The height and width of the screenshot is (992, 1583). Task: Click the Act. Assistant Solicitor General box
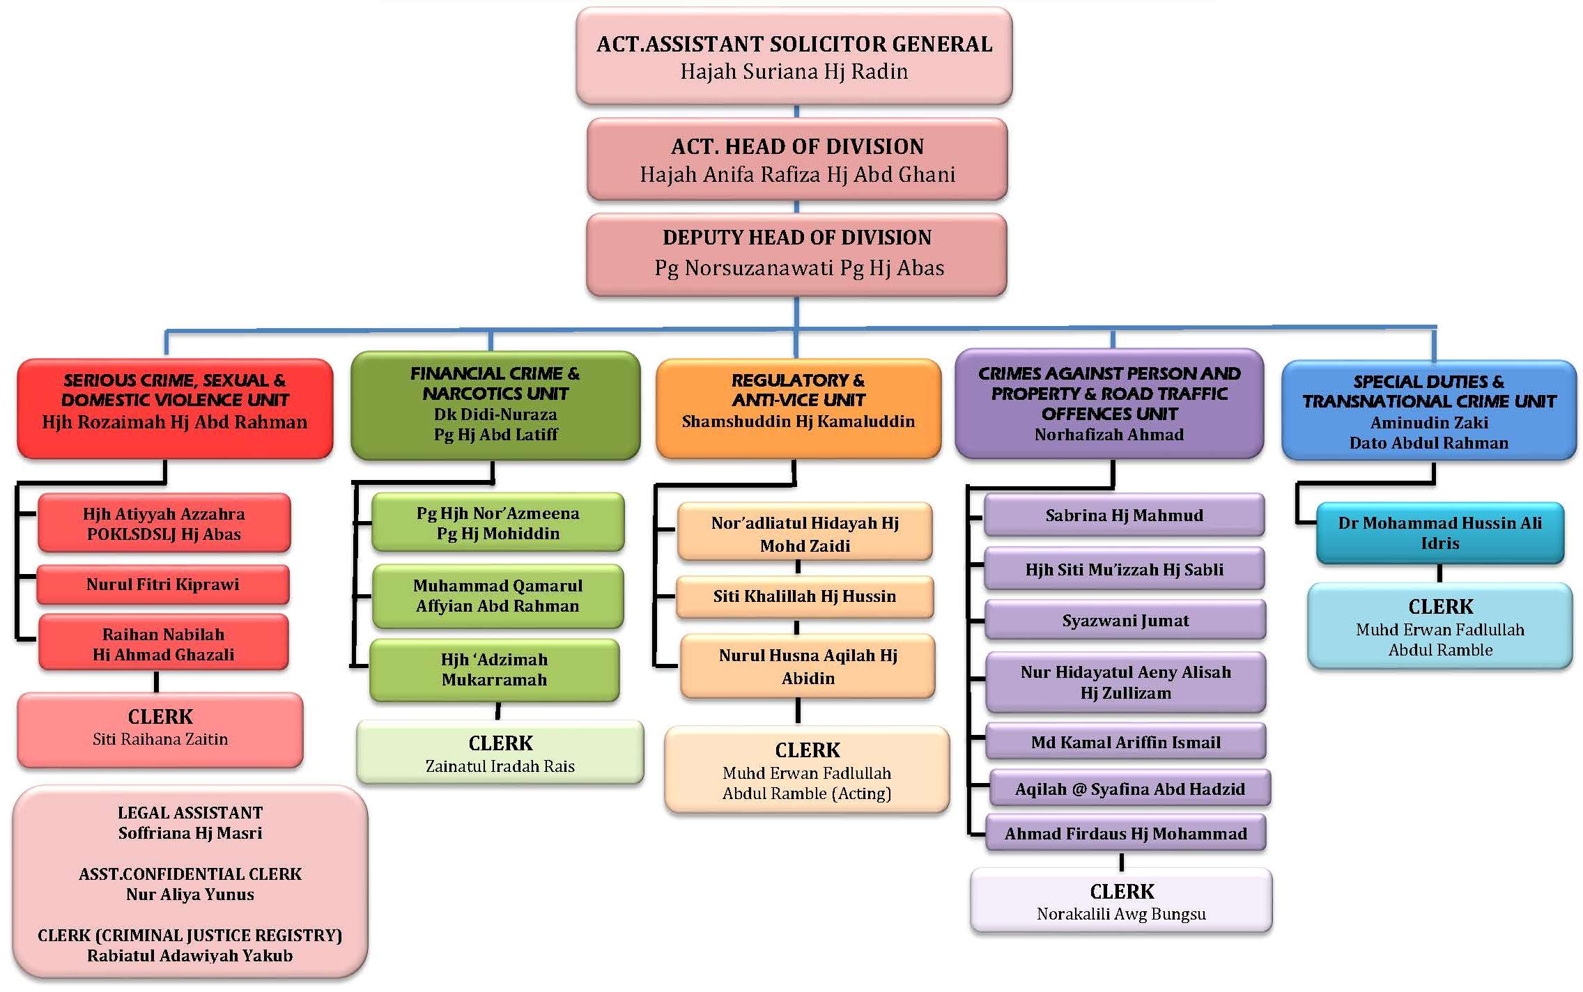click(794, 56)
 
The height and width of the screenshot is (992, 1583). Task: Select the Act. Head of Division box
click(797, 160)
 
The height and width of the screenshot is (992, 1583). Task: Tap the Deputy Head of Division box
click(796, 254)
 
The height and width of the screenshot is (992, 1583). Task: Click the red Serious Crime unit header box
click(175, 408)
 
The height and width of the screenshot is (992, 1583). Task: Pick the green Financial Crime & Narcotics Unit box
click(495, 405)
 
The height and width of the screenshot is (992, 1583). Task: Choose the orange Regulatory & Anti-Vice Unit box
click(798, 408)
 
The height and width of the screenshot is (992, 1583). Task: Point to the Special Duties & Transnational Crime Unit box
click(1428, 411)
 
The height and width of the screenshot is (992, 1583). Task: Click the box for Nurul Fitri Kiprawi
click(163, 584)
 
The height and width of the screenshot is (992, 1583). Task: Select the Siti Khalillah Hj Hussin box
click(805, 596)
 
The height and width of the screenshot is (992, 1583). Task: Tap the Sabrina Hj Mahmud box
click(1124, 516)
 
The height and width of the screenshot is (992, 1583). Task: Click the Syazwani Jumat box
click(1125, 620)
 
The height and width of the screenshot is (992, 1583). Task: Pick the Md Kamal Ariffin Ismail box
click(1125, 742)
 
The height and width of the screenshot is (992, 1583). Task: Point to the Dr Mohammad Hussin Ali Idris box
click(1439, 533)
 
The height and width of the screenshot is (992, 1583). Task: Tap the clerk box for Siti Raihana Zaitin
click(160, 729)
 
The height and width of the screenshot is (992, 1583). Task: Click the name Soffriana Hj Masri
click(190, 833)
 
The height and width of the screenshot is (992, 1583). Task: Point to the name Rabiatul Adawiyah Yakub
click(190, 956)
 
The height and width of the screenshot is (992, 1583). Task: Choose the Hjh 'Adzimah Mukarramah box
click(495, 669)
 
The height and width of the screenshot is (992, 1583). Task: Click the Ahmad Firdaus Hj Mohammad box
click(1125, 833)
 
